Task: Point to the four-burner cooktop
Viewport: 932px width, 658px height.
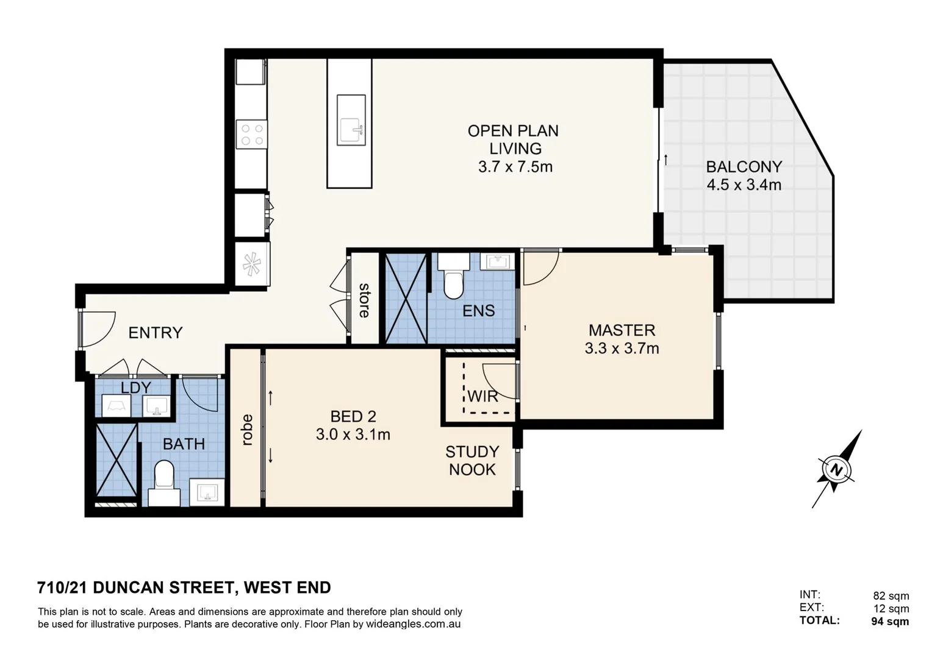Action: [252, 135]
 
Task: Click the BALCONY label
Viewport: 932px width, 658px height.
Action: [744, 167]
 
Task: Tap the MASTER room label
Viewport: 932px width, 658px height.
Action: [622, 330]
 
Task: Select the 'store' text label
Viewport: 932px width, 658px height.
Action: [364, 300]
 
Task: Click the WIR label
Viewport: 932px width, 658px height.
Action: [483, 397]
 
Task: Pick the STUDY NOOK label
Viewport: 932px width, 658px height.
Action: [472, 461]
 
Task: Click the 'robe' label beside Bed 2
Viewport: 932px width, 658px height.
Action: [246, 430]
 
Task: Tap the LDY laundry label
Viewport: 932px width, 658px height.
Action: [135, 388]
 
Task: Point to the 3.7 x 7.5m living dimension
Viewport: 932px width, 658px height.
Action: [515, 167]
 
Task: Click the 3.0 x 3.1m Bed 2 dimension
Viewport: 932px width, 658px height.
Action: [353, 434]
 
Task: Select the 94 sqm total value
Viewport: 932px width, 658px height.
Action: [890, 621]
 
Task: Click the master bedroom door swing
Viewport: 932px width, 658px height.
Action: [540, 268]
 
